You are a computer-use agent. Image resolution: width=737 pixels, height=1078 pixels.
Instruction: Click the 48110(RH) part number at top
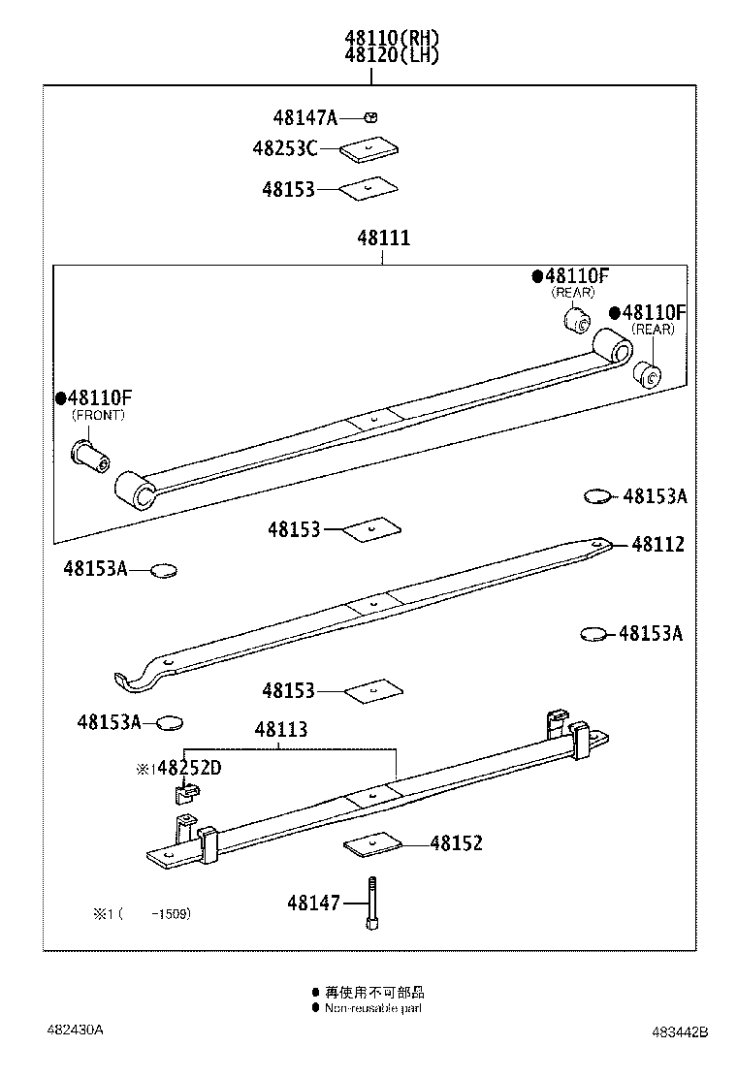392,38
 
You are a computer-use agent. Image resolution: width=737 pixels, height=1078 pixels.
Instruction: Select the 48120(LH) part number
392,55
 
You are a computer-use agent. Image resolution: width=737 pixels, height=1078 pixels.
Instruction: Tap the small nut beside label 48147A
370,117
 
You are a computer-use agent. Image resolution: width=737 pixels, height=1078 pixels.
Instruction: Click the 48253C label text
284,148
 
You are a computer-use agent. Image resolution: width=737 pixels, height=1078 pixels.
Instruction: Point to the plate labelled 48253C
371,149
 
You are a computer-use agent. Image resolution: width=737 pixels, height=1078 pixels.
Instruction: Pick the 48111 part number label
383,237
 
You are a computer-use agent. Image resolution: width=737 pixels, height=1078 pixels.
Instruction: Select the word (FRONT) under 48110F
98,415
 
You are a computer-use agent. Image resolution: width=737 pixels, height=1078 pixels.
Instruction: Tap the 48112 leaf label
657,545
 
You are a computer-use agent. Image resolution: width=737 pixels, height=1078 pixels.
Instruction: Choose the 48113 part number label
281,730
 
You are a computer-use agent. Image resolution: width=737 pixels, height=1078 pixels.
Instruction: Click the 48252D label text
188,768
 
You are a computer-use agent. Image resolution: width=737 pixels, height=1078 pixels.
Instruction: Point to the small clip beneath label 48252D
183,793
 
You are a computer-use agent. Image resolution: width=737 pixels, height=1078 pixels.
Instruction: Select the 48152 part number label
456,843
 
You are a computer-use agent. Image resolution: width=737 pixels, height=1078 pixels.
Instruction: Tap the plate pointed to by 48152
373,844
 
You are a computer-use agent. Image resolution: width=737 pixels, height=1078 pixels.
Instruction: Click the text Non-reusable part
373,1008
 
